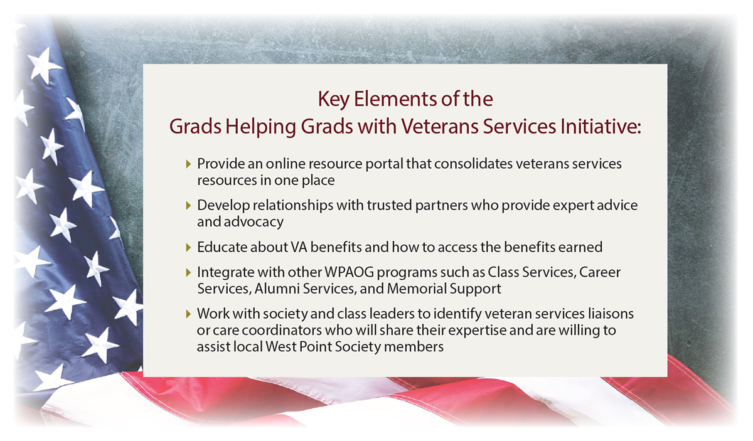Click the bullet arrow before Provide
(x=189, y=164)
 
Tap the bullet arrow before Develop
(x=189, y=206)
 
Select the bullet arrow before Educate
(x=189, y=248)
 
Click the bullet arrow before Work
(x=189, y=314)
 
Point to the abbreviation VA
(x=299, y=247)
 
